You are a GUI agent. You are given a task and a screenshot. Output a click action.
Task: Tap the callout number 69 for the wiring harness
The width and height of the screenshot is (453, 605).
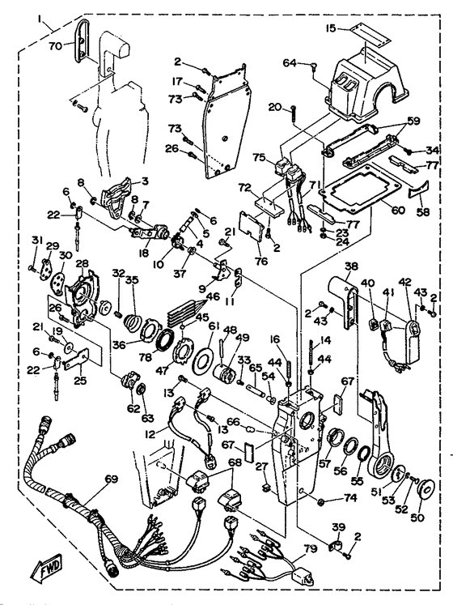pos(112,480)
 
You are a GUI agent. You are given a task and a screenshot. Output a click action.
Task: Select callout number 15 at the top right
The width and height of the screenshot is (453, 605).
pos(330,28)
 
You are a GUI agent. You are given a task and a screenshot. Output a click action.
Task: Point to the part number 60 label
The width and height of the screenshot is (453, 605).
pos(398,210)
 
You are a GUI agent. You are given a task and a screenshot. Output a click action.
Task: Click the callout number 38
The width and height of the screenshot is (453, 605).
pos(351,266)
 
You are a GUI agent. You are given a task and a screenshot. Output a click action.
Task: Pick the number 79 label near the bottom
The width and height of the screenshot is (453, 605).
pos(310,548)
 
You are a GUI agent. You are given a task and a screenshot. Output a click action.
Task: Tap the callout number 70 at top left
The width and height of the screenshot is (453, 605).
pos(56,46)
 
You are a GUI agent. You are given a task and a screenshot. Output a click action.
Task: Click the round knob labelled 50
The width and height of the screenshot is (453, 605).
pos(425,490)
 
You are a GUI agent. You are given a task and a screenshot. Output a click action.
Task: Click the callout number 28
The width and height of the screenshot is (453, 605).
pos(82,263)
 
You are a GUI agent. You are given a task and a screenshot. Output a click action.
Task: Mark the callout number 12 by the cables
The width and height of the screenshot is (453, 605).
pos(150,433)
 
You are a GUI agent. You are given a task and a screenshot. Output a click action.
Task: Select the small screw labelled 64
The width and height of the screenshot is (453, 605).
pos(313,65)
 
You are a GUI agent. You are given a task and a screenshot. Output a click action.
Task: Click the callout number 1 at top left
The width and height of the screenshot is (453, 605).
pos(40,19)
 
